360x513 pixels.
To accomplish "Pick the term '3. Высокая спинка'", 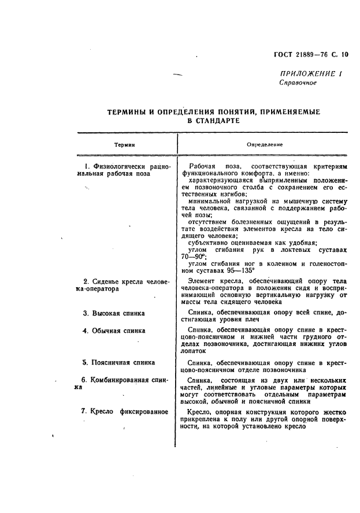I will click(114, 314).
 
